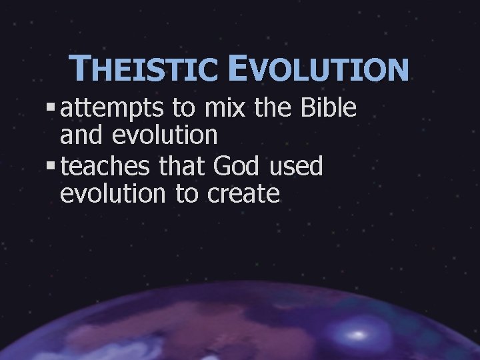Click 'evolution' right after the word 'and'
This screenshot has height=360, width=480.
pos(165,135)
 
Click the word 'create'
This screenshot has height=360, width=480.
pos(244,194)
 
